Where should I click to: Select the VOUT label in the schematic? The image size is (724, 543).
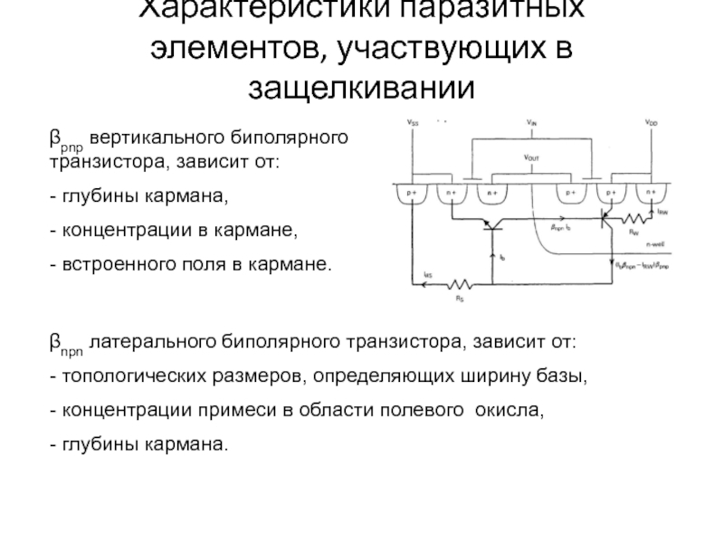coord(531,157)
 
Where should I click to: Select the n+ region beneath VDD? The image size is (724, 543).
coord(651,194)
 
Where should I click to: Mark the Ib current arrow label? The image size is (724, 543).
coord(503,256)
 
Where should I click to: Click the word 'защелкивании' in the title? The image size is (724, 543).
coord(362,88)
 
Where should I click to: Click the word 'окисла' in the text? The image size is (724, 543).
coord(513,409)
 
